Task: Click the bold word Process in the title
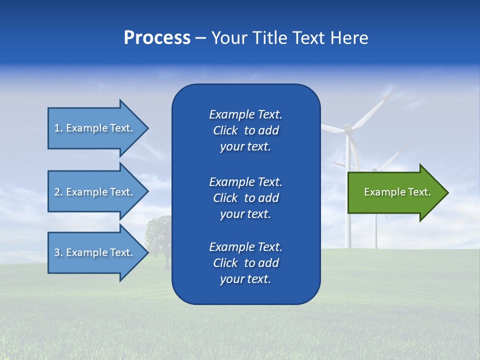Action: point(157,38)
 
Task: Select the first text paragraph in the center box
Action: point(245,130)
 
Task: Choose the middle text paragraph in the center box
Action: point(245,198)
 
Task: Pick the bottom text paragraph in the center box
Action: point(245,263)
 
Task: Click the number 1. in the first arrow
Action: point(58,128)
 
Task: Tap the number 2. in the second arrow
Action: point(58,192)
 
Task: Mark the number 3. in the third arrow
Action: point(58,252)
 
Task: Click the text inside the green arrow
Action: point(397,192)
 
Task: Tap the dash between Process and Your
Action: point(200,38)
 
